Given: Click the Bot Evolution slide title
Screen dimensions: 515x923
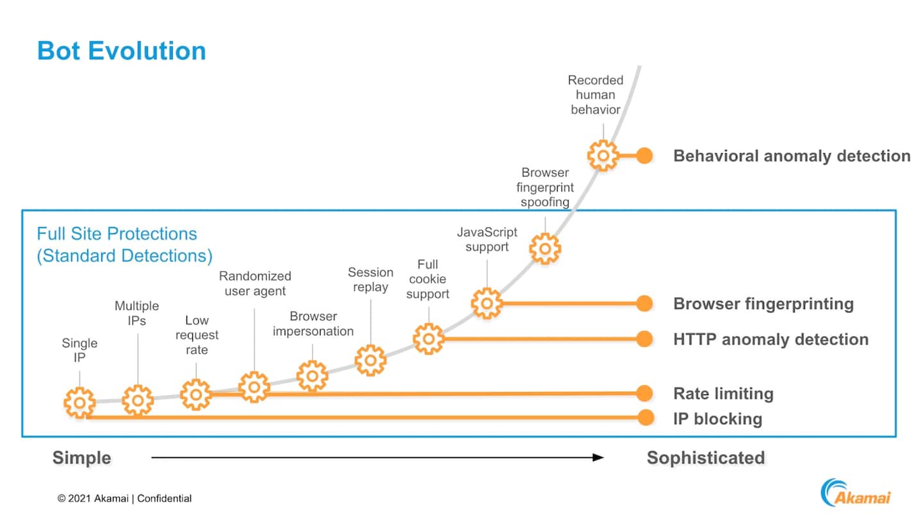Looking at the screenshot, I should tap(122, 51).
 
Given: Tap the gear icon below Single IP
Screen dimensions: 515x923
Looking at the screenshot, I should tap(79, 403).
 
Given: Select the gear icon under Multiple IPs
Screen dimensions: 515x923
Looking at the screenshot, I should tap(138, 400).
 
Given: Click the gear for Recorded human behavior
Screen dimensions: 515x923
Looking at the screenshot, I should tap(603, 155).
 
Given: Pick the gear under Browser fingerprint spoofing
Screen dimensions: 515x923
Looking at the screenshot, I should tap(545, 248).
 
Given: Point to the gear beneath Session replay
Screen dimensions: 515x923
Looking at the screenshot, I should tap(370, 360).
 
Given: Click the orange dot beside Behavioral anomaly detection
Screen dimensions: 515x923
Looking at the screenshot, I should tap(644, 155).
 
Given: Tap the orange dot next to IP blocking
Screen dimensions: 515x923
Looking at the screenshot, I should tap(644, 418).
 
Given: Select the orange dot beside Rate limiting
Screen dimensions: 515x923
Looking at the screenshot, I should tap(644, 393).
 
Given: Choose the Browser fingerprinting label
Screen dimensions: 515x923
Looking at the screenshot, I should tap(763, 303).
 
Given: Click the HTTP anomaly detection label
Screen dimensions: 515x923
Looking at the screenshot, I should tap(770, 339).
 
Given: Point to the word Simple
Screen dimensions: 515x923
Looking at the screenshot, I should tap(81, 458).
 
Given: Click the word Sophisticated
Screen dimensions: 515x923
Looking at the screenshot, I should tap(706, 458).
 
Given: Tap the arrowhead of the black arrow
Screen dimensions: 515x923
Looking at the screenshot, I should tap(599, 457).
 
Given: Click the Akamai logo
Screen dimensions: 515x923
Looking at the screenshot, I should tap(856, 492).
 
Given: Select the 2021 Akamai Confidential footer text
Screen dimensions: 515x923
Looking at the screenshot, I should tap(124, 498).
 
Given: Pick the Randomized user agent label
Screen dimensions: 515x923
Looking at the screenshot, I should tap(254, 283).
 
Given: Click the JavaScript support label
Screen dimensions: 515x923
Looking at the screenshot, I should tap(487, 239).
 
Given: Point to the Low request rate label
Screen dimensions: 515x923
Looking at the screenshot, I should tap(197, 335).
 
